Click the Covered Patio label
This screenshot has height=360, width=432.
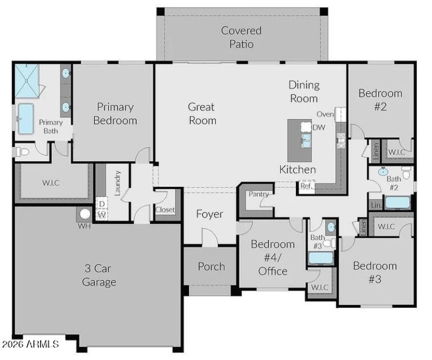pos(241,37)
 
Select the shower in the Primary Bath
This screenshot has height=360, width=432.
pos(26,81)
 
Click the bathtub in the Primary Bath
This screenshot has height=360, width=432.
pos(25,119)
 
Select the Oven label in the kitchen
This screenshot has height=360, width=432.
pos(325,114)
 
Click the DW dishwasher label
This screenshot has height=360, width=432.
pos(319,127)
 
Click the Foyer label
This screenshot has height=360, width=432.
pos(210,214)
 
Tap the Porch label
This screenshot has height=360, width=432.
pos(211,266)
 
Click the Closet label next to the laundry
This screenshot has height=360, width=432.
pos(165,210)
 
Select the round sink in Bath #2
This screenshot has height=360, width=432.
pos(383,172)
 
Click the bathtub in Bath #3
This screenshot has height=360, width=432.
pos(321,258)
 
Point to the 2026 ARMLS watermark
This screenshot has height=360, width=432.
pos(30,343)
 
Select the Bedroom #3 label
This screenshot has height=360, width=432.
pos(375,273)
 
